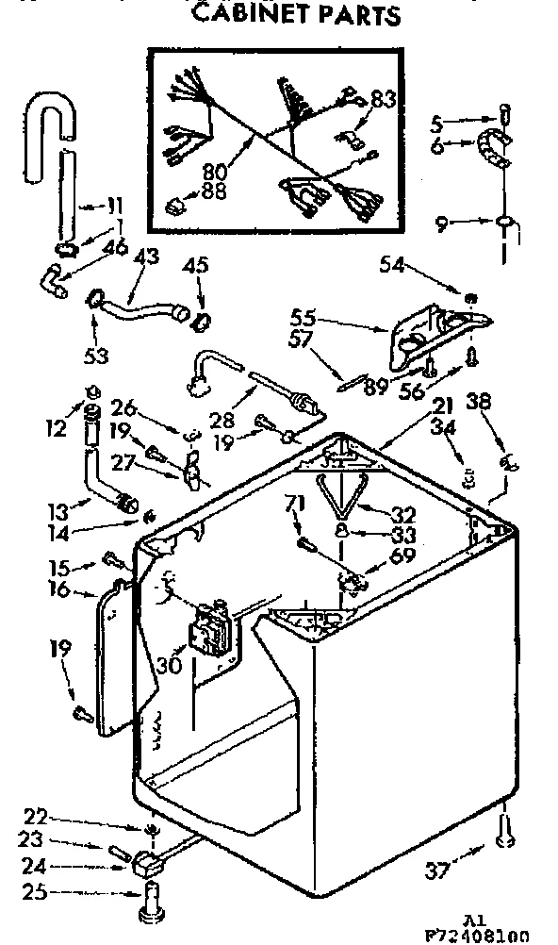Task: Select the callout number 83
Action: (383, 98)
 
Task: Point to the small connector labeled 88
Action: (176, 203)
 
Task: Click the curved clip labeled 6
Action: (494, 148)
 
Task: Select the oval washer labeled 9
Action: (507, 224)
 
